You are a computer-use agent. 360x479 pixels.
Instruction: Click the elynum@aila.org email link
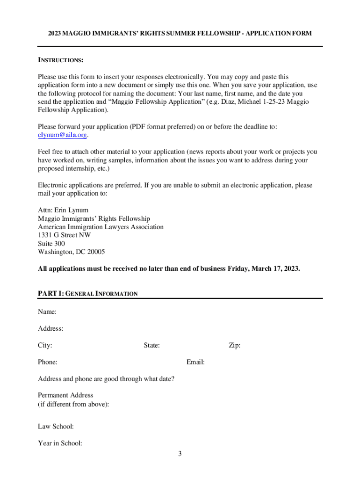62,135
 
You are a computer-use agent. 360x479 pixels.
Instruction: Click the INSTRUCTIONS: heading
60,60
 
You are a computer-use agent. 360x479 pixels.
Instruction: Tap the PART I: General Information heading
88,294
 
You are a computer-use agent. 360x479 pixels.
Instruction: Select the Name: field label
47,312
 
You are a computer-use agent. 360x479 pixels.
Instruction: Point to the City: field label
45,345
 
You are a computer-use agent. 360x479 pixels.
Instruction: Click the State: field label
152,345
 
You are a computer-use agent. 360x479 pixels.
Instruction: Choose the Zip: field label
235,345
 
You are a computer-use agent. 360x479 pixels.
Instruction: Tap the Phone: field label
48,362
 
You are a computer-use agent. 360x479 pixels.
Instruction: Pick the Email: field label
195,362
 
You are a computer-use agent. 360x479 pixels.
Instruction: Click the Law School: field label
56,427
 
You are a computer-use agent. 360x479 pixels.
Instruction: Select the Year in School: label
60,443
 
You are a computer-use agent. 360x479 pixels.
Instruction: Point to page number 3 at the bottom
180,453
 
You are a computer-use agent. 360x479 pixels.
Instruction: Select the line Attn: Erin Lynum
63,210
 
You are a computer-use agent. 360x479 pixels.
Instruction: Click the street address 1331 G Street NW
65,235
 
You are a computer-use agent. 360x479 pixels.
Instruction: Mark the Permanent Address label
65,395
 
